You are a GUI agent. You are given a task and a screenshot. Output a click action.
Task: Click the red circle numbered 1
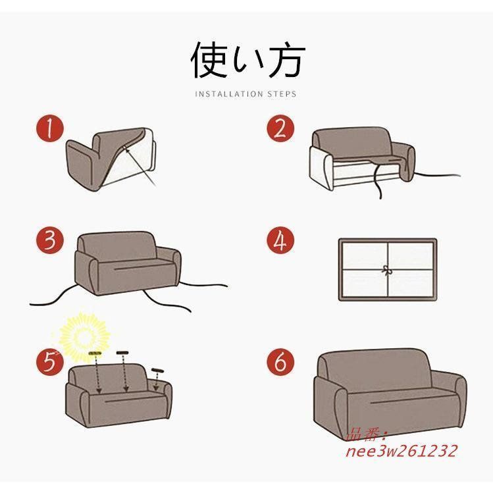coord(49,128)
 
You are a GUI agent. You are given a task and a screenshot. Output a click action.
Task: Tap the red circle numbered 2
coord(280,128)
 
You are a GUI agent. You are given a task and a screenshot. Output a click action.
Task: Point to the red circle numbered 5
coord(49,361)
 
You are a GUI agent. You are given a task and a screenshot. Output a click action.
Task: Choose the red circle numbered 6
coord(280,361)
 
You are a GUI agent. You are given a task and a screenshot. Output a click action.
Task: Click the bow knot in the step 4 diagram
coord(386,270)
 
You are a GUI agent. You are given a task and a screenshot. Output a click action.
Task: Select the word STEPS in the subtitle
coord(282,94)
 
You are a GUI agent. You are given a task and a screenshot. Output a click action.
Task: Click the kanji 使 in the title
coord(209,59)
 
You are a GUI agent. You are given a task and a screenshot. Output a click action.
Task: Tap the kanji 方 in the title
coord(286,59)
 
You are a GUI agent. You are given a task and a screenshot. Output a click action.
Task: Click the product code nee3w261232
coord(401,451)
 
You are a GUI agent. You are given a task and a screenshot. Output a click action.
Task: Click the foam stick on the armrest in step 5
coord(158,371)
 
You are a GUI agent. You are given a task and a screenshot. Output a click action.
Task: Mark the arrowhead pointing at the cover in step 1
coord(127,149)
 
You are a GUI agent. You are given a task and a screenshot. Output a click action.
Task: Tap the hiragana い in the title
coord(247,61)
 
